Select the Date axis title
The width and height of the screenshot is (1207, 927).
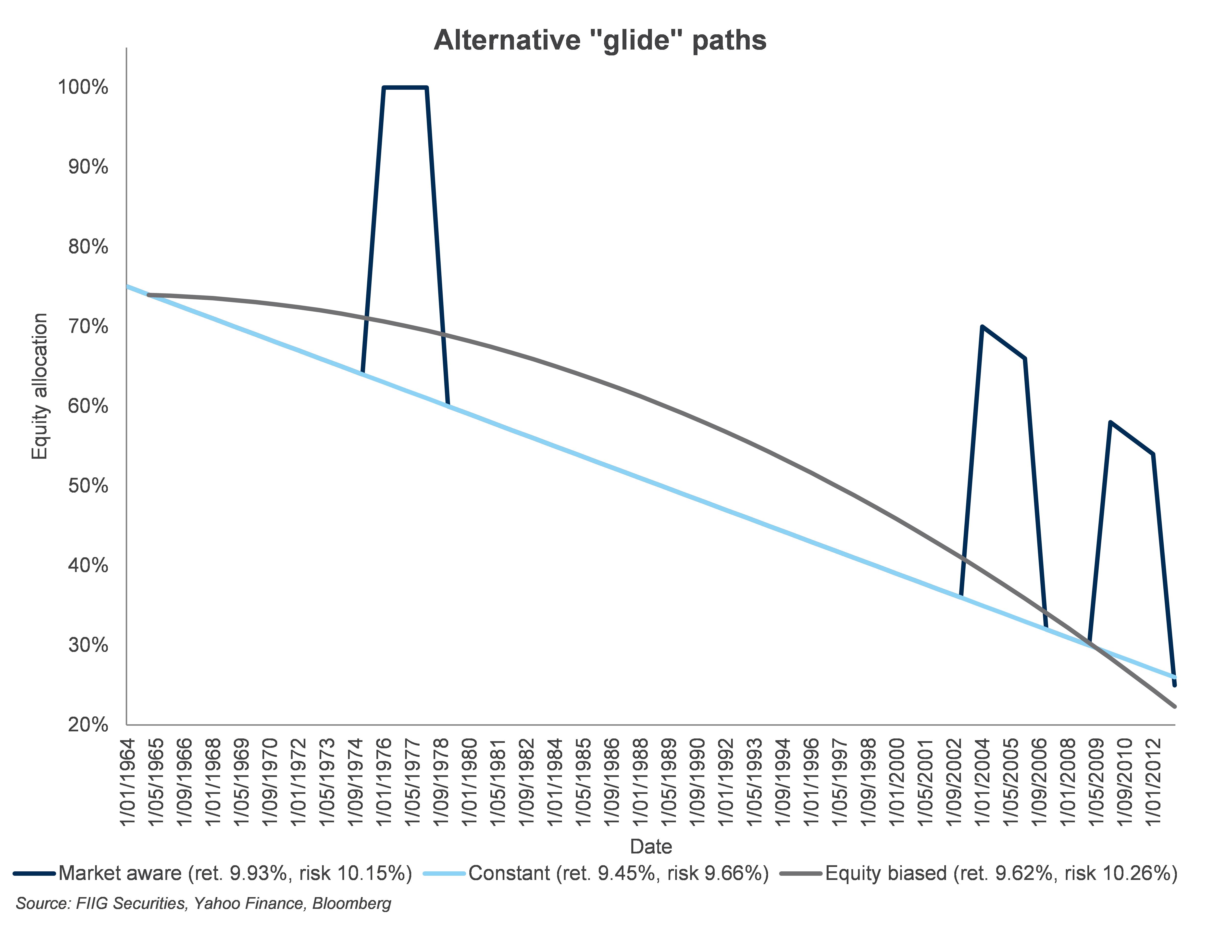(651, 846)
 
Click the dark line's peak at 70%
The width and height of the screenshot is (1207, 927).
(982, 327)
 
